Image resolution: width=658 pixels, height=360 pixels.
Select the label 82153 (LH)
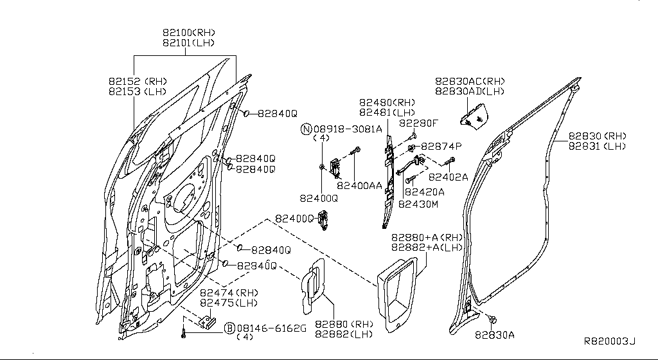pyautogui.click(x=137, y=92)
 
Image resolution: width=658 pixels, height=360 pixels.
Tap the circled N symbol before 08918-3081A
pyautogui.click(x=306, y=129)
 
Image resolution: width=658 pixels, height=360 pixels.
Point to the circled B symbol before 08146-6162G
pyautogui.click(x=229, y=328)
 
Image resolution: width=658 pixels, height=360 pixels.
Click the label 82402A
pyautogui.click(x=448, y=177)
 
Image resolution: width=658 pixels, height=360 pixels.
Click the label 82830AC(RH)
pyautogui.click(x=470, y=82)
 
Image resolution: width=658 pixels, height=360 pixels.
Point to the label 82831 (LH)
pyautogui.click(x=597, y=147)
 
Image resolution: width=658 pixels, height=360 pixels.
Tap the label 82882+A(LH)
pyautogui.click(x=418, y=248)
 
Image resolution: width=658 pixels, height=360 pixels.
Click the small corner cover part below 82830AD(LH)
pyautogui.click(x=474, y=117)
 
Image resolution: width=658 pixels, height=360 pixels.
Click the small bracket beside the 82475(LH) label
pyautogui.click(x=207, y=321)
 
